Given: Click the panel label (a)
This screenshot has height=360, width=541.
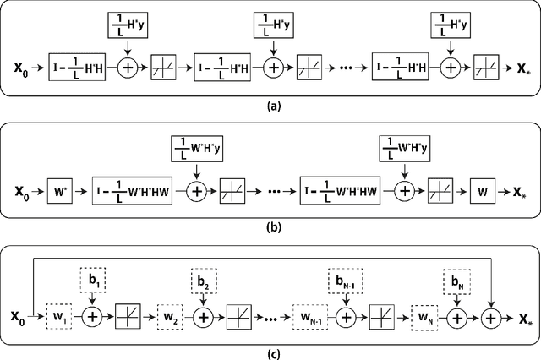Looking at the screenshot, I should coord(270,106).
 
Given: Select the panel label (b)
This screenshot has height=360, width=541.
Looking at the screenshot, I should coord(270,226).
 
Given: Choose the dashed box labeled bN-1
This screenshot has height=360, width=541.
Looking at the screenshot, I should coord(346,280).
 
